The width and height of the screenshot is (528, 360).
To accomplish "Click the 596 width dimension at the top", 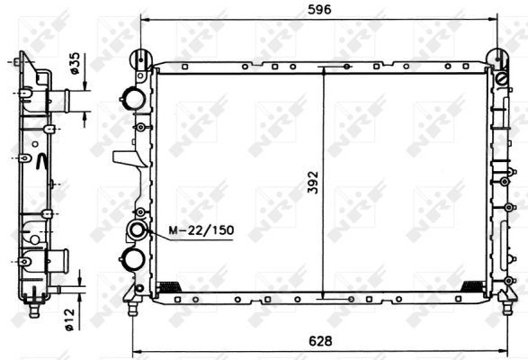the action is click(x=319, y=9).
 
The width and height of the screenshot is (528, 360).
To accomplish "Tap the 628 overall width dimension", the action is click(x=320, y=341).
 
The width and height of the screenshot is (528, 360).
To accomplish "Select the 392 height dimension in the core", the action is click(x=313, y=183).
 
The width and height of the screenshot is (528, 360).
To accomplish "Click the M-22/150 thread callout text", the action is click(x=201, y=230).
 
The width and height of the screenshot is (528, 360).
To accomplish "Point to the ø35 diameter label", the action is click(x=74, y=63).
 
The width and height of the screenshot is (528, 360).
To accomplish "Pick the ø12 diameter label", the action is click(x=68, y=319).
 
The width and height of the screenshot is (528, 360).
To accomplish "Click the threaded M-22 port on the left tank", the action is click(x=137, y=230).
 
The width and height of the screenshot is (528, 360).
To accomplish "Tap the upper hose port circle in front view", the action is click(x=133, y=98).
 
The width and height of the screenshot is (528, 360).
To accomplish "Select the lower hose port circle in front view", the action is click(x=132, y=259).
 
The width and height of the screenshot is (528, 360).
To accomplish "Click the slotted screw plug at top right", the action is click(x=502, y=80).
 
